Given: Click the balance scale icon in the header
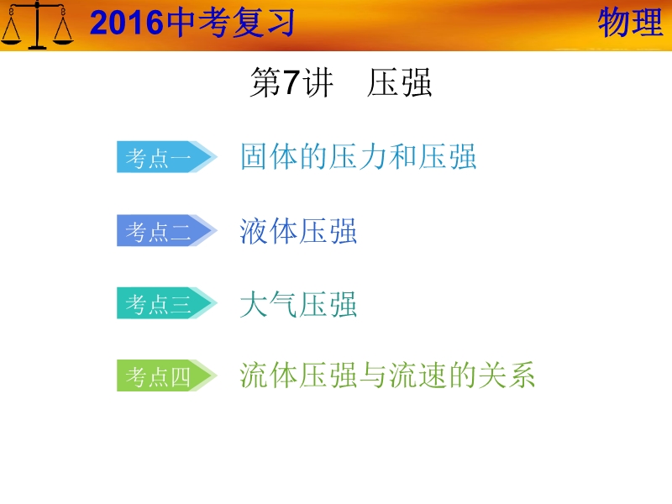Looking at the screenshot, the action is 37,25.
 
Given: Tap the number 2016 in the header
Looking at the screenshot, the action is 127,23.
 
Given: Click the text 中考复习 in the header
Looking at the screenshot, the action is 230,23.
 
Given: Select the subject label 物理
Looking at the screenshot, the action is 630,23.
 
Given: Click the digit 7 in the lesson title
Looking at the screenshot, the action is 291,81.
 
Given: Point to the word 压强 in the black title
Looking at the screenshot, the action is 399,82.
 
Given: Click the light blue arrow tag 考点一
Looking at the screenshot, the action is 166,157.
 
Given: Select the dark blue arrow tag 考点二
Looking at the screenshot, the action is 166,230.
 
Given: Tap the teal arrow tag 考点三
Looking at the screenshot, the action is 166,303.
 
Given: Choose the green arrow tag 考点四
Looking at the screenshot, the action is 166,375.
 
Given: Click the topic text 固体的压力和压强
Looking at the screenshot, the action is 359,156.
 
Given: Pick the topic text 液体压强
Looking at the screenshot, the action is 298,231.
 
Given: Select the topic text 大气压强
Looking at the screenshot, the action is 298,304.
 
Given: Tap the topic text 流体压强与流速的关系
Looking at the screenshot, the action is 387,375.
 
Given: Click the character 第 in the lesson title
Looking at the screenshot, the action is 265,82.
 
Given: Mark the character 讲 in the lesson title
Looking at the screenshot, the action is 318,82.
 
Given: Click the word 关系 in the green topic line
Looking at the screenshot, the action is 507,375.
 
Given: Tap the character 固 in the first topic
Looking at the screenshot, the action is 255,156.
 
